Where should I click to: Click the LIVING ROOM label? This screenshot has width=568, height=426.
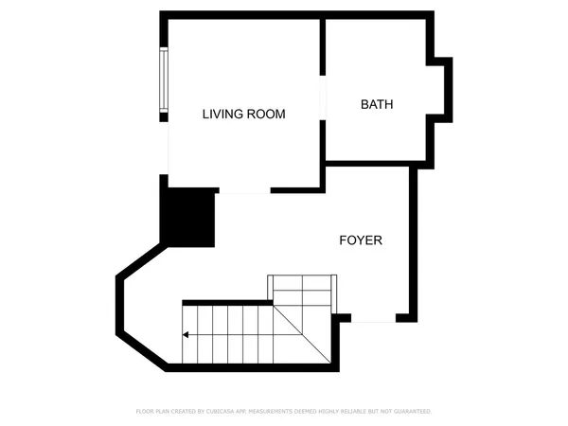point(244,114)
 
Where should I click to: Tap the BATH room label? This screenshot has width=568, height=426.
point(377,104)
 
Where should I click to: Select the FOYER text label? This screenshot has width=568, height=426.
point(361,240)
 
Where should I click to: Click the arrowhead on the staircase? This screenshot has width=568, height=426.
point(186,333)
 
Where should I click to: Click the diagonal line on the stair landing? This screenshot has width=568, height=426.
point(302,332)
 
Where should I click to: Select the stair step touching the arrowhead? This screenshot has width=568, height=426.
point(190,333)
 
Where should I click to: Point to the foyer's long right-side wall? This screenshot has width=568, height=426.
point(413,241)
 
